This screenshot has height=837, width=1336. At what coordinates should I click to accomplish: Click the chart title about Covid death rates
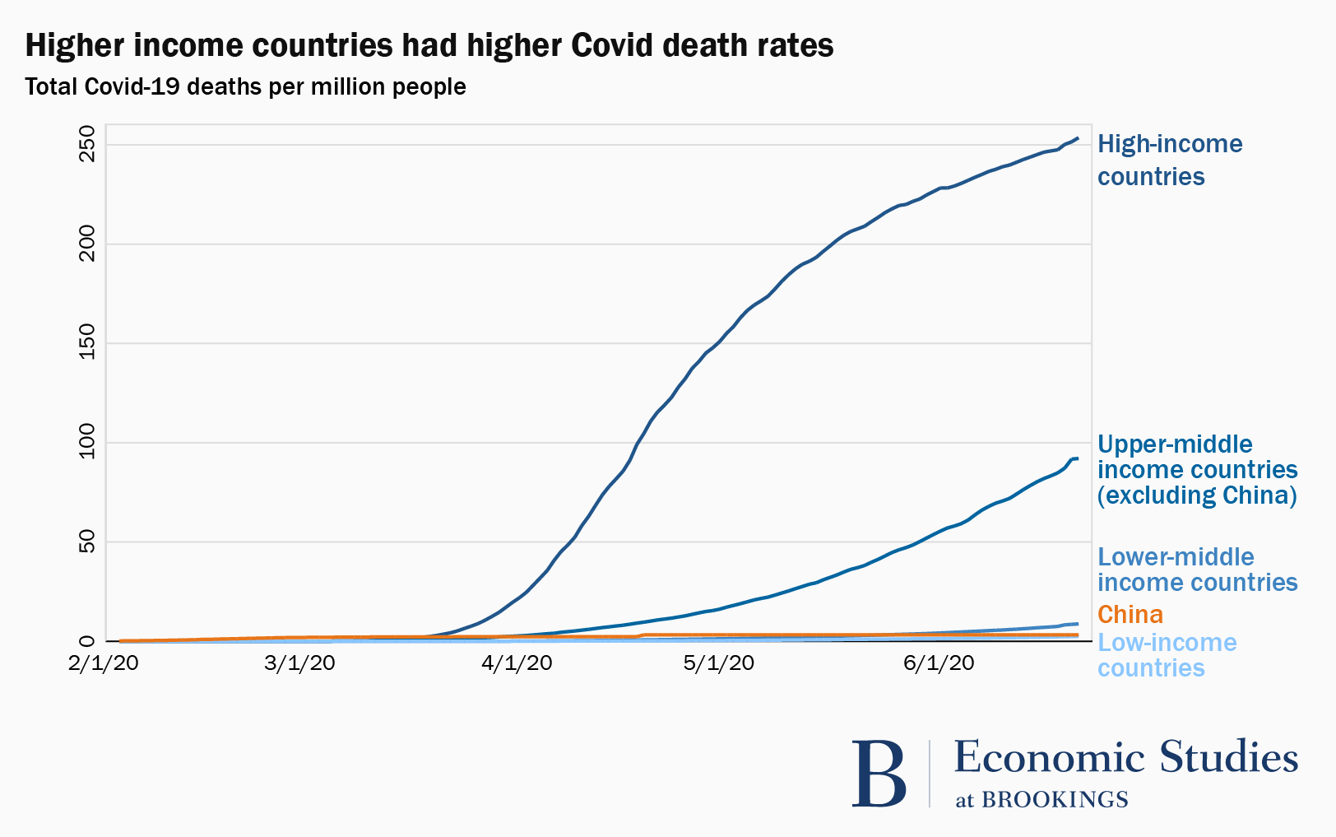pyautogui.click(x=429, y=46)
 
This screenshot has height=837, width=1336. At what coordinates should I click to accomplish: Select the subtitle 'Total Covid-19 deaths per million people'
pyautogui.click(x=245, y=86)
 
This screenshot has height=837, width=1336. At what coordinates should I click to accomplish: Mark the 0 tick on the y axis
pyautogui.click(x=88, y=641)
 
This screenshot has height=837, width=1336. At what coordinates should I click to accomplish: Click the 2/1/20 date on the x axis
pyautogui.click(x=104, y=663)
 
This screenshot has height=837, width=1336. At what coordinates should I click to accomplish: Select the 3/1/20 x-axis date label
pyautogui.click(x=299, y=663)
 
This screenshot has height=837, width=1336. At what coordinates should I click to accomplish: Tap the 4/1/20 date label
pyautogui.click(x=517, y=663)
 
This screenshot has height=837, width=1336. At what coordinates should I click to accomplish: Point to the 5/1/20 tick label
pyautogui.click(x=719, y=663)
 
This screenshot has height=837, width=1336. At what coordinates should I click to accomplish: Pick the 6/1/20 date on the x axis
pyautogui.click(x=939, y=663)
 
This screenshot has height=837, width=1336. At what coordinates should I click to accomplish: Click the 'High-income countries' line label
pyautogui.click(x=1170, y=160)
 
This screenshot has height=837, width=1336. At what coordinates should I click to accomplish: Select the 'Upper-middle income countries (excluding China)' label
pyautogui.click(x=1197, y=470)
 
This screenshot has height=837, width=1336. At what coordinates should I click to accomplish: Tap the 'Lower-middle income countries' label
pyautogui.click(x=1197, y=570)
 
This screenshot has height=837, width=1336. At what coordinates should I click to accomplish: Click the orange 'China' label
pyautogui.click(x=1130, y=615)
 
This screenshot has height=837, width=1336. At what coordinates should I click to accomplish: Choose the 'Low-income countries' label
pyautogui.click(x=1167, y=655)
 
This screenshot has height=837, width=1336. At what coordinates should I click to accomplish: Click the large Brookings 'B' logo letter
pyautogui.click(x=879, y=774)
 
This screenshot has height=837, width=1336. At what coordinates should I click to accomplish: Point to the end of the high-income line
pyautogui.click(x=1078, y=138)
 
